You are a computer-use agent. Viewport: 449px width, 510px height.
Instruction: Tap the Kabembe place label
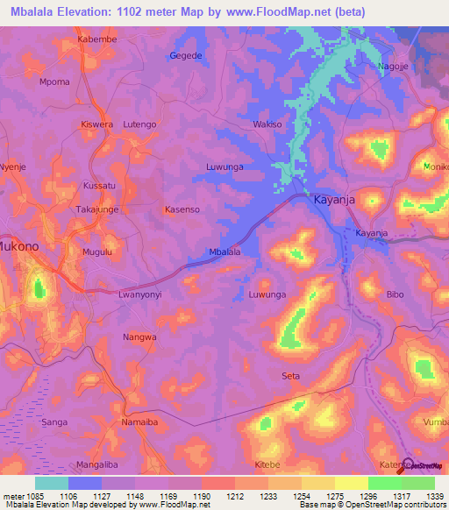96,39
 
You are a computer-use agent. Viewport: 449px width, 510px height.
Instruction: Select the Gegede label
185,56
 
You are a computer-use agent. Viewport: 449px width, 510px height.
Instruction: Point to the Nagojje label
394,67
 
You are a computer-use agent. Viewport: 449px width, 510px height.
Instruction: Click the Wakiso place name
267,125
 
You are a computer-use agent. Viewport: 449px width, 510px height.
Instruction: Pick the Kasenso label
182,210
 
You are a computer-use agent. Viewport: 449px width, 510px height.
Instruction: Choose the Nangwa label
139,336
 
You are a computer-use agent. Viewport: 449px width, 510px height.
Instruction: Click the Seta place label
290,376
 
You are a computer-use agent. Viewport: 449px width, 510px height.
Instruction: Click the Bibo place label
396,295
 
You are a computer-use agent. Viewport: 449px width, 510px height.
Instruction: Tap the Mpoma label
54,82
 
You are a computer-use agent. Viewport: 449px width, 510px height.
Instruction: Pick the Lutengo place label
139,125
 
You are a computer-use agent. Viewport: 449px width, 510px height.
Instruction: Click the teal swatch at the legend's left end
52,483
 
